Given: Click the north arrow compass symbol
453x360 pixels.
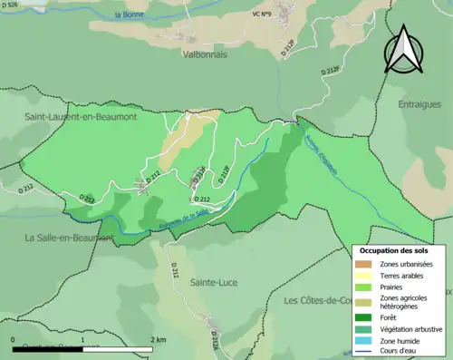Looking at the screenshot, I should [x=404, y=49].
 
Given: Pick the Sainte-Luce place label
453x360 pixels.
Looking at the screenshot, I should [x=213, y=282].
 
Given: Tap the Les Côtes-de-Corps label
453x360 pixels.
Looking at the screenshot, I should [x=317, y=300].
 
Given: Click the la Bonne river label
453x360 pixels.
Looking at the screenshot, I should [x=130, y=15].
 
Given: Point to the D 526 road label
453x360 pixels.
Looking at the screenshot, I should [x=11, y=5].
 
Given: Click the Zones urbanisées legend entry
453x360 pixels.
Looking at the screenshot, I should [x=406, y=264].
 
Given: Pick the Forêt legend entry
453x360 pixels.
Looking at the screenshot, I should [x=391, y=316].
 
